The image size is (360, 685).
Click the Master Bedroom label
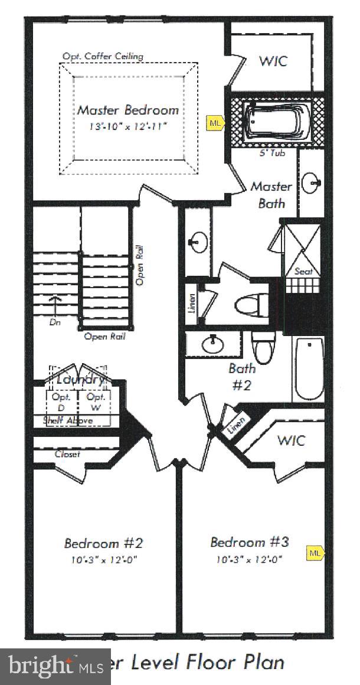pos(128,110)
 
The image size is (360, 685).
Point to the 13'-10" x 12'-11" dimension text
pos(128,127)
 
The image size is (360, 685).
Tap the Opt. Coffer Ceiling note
pos(103,57)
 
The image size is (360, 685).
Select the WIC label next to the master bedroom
pos(274,61)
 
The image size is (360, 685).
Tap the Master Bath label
pos(271,195)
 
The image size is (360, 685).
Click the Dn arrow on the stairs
pos(57,307)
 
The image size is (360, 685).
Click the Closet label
pos(67,454)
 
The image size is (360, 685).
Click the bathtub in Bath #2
pos(309,369)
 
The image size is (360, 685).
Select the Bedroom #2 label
pos(104,543)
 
